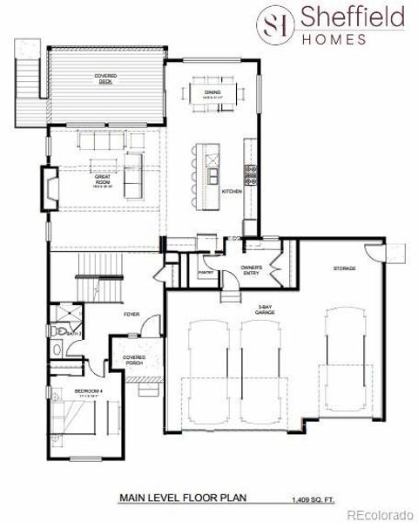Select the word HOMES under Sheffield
point(340,37)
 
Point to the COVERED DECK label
point(105,78)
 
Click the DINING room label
point(212,93)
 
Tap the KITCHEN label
point(231,191)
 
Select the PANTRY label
point(206,273)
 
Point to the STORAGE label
point(344,268)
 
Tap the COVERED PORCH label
point(134,359)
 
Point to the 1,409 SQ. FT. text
point(311,500)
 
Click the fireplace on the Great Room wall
point(52,185)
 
